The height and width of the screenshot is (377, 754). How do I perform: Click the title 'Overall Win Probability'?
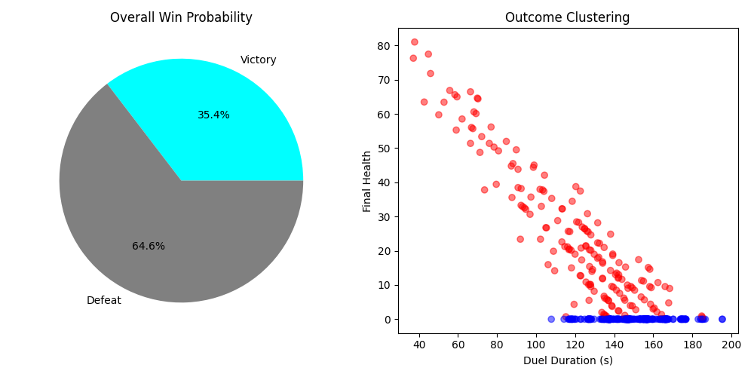[181, 17]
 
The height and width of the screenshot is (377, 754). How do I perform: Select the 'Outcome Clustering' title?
[568, 17]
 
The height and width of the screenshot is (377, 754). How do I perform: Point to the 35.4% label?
[213, 115]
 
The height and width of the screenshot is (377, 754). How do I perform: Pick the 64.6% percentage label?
[149, 247]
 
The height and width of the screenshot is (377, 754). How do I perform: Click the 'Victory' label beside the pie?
[259, 60]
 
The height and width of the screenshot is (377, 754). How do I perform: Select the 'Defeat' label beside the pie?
[104, 301]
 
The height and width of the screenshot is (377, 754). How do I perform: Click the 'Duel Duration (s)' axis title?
[568, 360]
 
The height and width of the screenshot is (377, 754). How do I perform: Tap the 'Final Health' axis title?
[367, 181]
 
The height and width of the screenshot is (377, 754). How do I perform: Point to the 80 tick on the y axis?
[385, 46]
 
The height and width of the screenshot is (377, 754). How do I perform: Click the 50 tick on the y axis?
[385, 149]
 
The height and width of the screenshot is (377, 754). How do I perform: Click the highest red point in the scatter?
[414, 42]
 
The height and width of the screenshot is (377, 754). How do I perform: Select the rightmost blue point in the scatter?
[722, 319]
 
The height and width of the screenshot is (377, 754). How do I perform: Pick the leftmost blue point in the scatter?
[551, 319]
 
